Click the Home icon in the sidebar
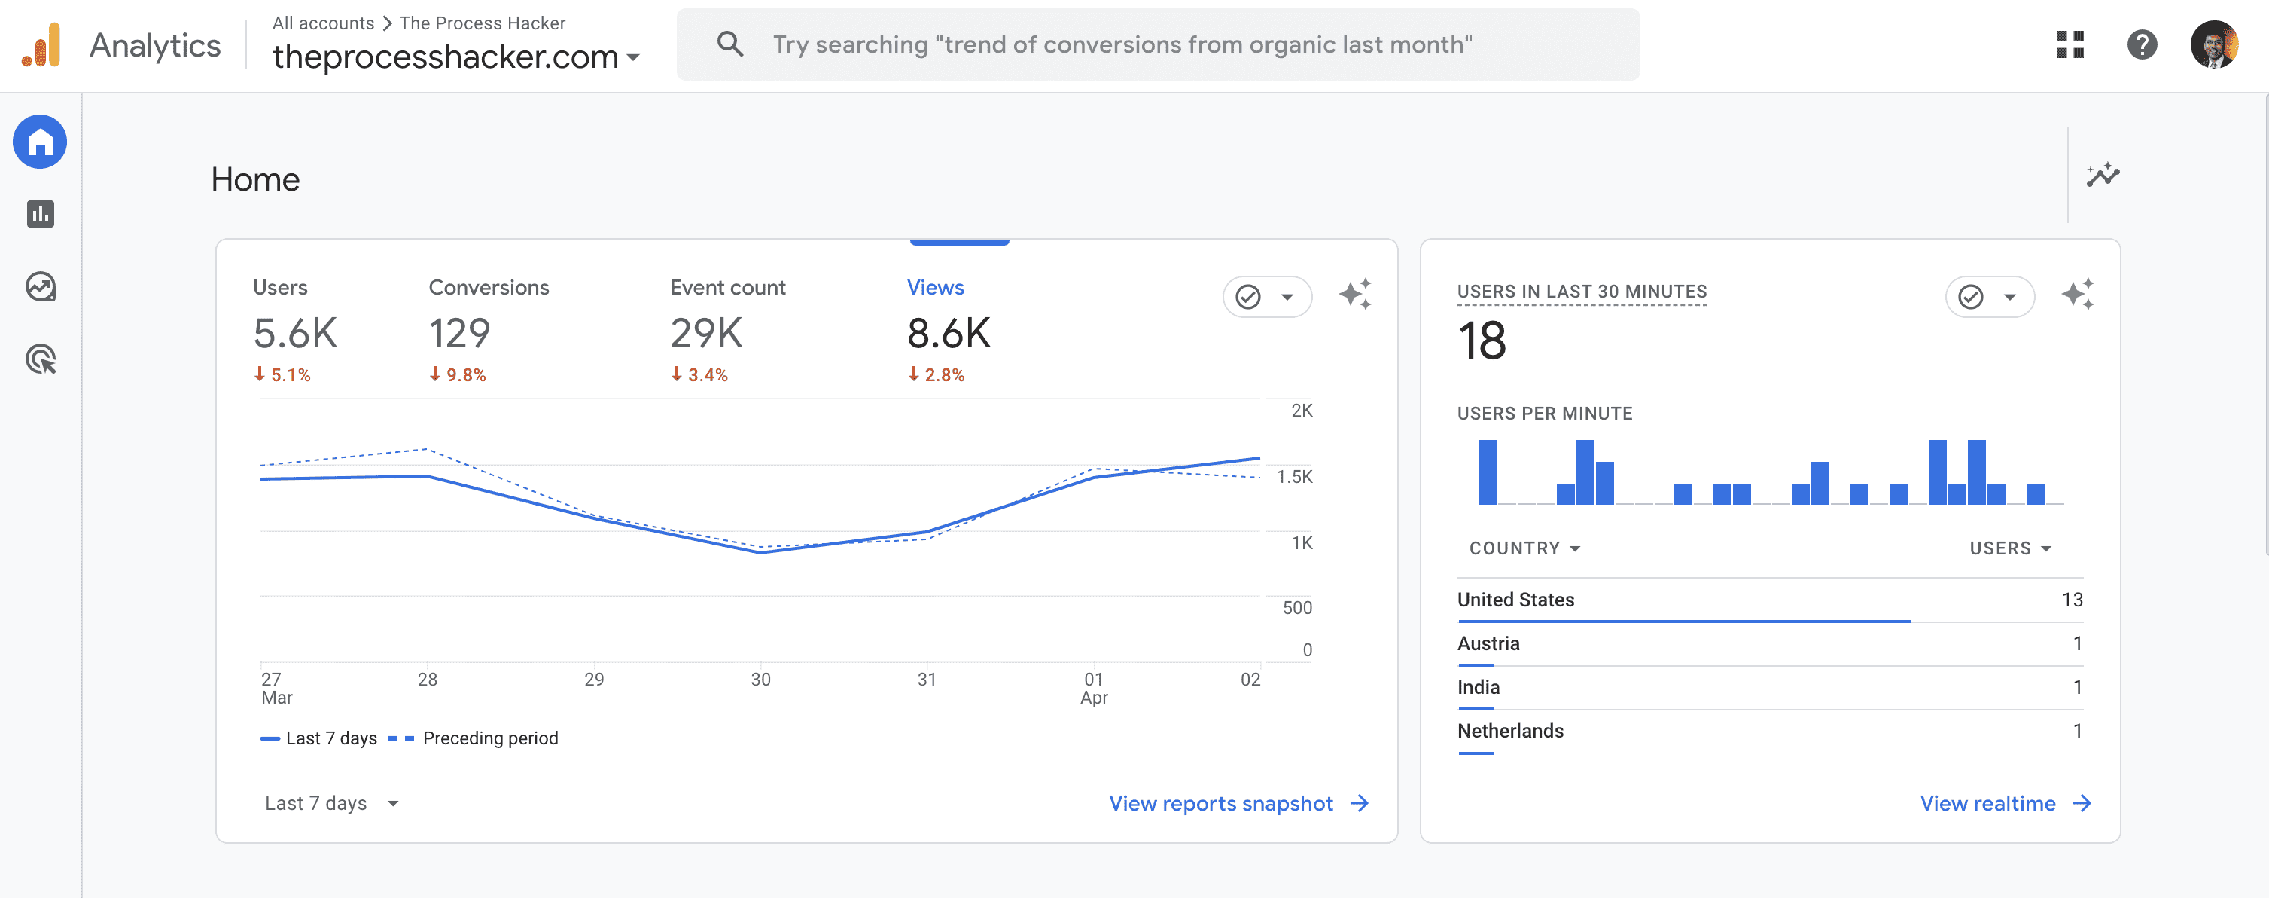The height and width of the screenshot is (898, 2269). [40, 142]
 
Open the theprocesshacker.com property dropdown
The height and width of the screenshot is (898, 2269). [455, 57]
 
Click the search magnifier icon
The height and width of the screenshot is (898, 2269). [729, 44]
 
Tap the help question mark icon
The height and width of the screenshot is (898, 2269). [2141, 44]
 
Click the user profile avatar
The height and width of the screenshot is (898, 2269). [2213, 44]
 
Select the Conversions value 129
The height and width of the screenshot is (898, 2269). [459, 334]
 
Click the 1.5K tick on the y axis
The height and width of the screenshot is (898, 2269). [1294, 477]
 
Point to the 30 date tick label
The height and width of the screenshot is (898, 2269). [760, 680]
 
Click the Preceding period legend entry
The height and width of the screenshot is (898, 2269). [490, 738]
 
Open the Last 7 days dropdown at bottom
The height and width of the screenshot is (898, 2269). [331, 803]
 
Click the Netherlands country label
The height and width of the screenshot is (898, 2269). [1509, 731]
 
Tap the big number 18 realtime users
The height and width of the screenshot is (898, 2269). [1482, 341]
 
